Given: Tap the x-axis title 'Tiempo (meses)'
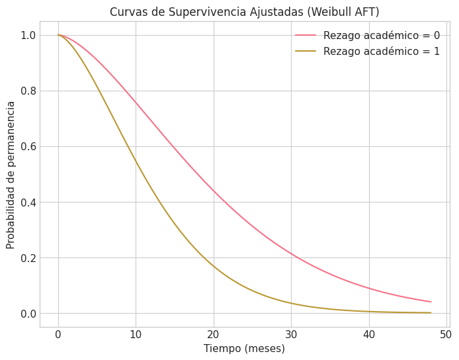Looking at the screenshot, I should [244, 349].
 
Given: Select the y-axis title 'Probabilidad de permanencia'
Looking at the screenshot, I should [11, 175].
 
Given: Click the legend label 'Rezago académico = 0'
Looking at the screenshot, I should [382, 36].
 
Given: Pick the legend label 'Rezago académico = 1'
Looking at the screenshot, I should [382, 52].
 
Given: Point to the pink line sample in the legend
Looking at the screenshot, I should [306, 36].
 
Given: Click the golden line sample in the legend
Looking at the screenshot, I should [306, 52].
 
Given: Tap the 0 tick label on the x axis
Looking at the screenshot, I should [58, 334].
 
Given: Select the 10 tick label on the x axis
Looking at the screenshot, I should [136, 334].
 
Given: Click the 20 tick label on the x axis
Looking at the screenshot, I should [214, 334].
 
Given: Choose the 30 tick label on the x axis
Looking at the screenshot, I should [291, 334].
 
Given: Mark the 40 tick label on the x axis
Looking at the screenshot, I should [369, 334].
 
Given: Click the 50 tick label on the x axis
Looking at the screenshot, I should [446, 334].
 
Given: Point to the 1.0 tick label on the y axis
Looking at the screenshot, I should [28, 35].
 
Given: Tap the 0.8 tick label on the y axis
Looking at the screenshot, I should [28, 91].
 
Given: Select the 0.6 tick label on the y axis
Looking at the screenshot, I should [28, 146].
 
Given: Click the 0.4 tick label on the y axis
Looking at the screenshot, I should [28, 202].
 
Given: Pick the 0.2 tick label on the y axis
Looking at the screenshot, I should [28, 257].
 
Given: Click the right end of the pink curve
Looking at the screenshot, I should [431, 302].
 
